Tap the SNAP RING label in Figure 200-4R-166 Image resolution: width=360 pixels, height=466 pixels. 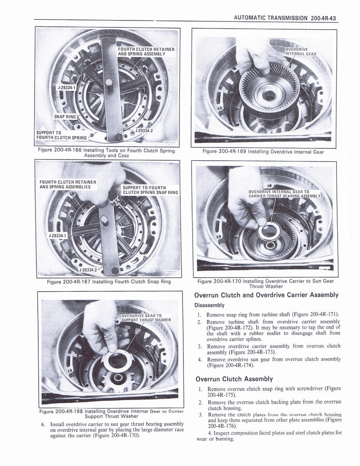point(65,116)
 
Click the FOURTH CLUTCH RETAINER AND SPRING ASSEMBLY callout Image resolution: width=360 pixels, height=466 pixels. point(146,51)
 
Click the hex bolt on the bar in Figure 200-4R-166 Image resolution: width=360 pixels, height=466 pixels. point(109,83)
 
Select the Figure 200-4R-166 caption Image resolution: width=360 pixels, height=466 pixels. point(107,153)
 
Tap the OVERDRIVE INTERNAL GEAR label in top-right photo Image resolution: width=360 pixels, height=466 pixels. point(300,51)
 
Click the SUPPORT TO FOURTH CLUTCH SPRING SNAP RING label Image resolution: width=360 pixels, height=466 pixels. point(150,190)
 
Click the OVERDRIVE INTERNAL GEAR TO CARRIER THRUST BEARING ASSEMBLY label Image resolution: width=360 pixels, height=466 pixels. point(284,194)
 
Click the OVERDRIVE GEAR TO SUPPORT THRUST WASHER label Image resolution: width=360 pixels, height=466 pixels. point(146,317)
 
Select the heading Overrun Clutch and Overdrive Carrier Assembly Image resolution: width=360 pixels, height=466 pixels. point(266,295)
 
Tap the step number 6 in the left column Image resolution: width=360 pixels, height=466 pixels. point(43,424)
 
